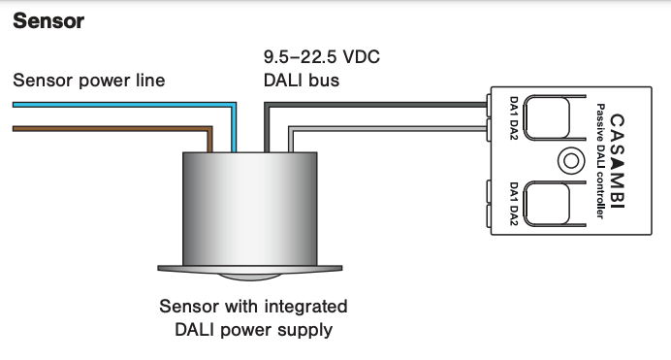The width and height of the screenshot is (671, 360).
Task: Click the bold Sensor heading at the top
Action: point(48,19)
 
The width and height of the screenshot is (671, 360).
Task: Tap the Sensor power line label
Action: point(89,80)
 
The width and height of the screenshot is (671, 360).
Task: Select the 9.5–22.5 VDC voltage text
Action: point(321,56)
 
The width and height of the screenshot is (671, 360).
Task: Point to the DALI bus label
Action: point(302,80)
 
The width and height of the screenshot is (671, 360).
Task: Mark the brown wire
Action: point(107,128)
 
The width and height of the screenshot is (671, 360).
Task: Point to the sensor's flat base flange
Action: point(250,265)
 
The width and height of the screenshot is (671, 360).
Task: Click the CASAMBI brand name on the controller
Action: point(615,160)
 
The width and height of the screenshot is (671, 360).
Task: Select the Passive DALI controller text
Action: point(601,160)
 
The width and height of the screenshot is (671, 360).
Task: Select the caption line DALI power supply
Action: point(252,330)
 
